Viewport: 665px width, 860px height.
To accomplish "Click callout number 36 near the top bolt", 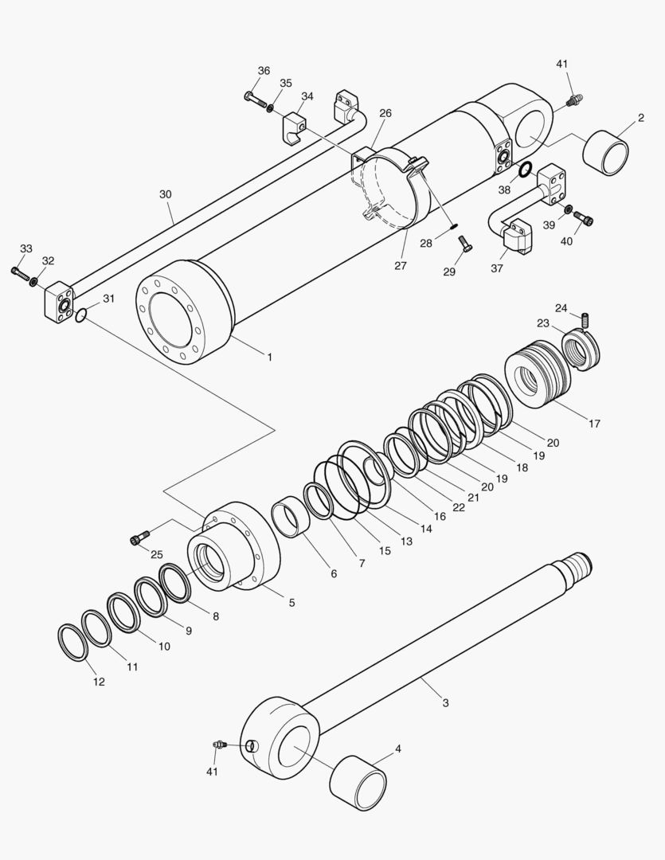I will click(x=264, y=71).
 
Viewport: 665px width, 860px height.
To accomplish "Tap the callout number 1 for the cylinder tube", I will click(x=269, y=357).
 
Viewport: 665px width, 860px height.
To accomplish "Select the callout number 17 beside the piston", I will click(x=594, y=424).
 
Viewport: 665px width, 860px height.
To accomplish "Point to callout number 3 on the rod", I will click(x=445, y=702).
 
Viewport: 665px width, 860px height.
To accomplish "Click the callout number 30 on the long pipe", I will click(x=165, y=194).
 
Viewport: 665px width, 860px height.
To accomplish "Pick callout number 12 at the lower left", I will click(x=98, y=682).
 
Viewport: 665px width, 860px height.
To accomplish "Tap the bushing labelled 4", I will click(x=358, y=776).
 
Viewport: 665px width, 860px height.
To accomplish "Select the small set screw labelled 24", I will click(x=585, y=320).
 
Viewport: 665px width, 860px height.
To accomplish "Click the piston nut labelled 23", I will click(x=583, y=350).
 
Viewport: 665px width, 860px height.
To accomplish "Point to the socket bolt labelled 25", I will click(x=140, y=539).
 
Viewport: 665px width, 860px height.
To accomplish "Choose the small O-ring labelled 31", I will click(x=81, y=317).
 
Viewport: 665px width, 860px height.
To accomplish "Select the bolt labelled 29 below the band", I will click(x=465, y=249).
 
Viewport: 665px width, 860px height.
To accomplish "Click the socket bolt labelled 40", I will click(x=587, y=217).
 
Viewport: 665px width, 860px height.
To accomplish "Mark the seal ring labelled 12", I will click(x=72, y=642).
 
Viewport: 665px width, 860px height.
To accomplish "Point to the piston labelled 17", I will click(x=538, y=373).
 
